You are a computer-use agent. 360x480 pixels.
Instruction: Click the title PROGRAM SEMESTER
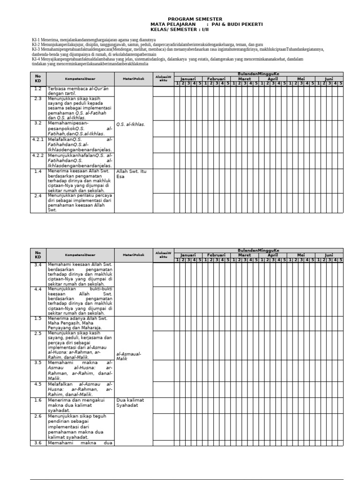click(x=189, y=19)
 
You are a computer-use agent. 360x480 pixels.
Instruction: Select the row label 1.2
click(x=38, y=89)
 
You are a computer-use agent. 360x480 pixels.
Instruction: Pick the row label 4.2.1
click(x=38, y=140)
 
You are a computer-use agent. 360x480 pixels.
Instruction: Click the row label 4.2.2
click(x=38, y=155)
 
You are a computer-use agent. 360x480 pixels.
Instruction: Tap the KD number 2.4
click(x=38, y=195)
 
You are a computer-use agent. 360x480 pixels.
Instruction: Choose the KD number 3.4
click(x=38, y=265)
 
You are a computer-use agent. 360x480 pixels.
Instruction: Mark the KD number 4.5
click(x=38, y=384)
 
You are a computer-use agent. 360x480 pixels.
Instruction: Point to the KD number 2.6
click(x=38, y=416)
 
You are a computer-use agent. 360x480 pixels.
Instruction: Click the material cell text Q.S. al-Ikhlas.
click(x=131, y=124)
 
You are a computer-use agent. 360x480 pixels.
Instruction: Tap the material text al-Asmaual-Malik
click(x=128, y=355)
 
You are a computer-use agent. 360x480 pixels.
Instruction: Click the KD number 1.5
click(x=38, y=318)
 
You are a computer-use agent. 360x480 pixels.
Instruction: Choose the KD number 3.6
click(x=38, y=442)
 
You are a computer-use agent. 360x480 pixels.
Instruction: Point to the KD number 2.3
click(x=38, y=99)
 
